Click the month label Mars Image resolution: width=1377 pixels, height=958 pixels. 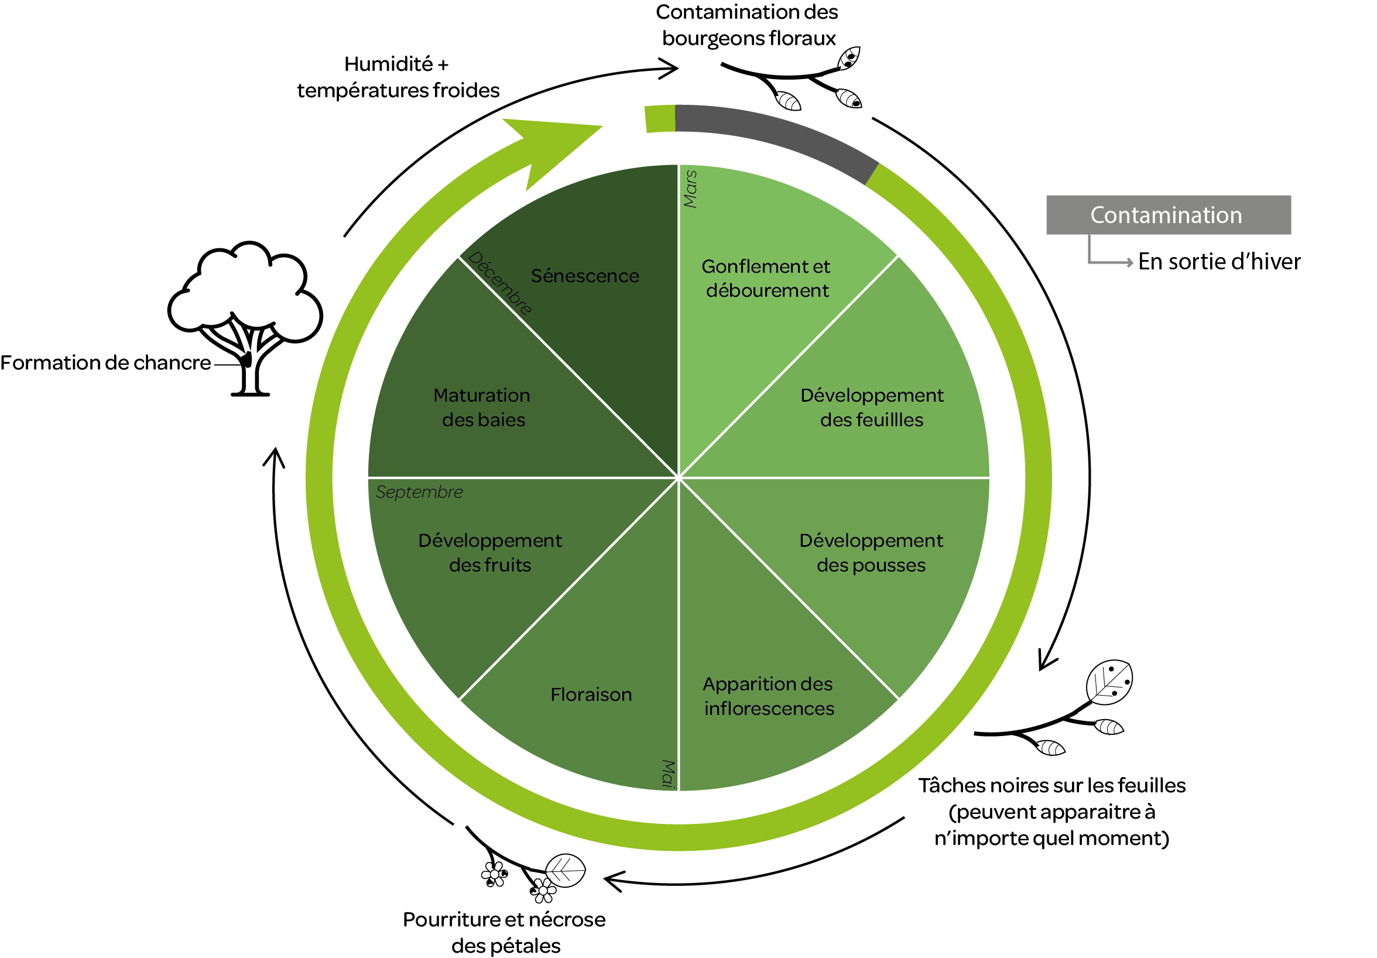pyautogui.click(x=690, y=189)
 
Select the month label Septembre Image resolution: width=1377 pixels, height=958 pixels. pyautogui.click(x=419, y=492)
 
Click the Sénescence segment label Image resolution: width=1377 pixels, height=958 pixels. pyautogui.click(x=585, y=276)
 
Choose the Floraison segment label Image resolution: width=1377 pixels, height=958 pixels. pyautogui.click(x=591, y=694)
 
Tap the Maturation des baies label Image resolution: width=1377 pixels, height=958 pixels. pyautogui.click(x=482, y=408)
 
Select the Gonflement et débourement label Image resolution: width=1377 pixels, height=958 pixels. pyautogui.click(x=766, y=278)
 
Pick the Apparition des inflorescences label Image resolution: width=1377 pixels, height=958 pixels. pyautogui.click(x=768, y=696)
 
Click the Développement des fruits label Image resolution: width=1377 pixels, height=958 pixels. pyautogui.click(x=490, y=552)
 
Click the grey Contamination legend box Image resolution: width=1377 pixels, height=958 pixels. pyautogui.click(x=1167, y=215)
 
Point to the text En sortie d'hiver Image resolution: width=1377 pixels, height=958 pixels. pyautogui.click(x=1219, y=262)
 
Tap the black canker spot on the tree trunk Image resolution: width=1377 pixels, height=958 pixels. pyautogui.click(x=246, y=360)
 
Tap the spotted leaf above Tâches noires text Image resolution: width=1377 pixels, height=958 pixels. pyautogui.click(x=1109, y=682)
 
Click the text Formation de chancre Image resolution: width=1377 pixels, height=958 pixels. pyautogui.click(x=105, y=363)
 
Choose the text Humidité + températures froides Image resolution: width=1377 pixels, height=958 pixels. pyautogui.click(x=398, y=77)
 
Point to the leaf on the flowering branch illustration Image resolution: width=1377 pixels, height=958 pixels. pyautogui.click(x=565, y=870)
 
